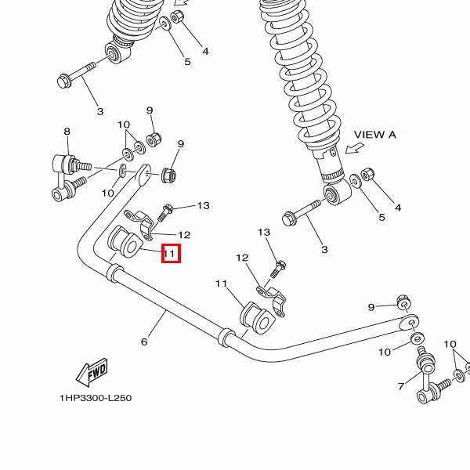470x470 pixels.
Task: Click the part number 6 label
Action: (x=144, y=342)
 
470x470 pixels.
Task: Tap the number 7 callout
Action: (x=400, y=386)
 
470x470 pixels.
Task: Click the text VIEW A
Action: (x=375, y=135)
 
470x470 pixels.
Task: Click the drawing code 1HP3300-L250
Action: (x=96, y=398)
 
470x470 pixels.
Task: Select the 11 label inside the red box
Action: (x=171, y=254)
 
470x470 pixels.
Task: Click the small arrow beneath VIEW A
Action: (x=356, y=149)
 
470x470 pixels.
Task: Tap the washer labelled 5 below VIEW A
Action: (x=356, y=182)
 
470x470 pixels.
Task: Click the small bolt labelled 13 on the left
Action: (x=165, y=211)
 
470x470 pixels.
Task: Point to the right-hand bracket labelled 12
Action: (x=272, y=298)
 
